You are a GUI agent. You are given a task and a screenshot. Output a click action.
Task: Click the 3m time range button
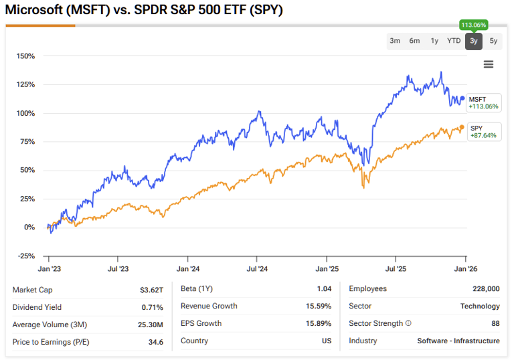(x=395, y=41)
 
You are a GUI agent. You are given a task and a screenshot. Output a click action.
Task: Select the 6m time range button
(x=414, y=41)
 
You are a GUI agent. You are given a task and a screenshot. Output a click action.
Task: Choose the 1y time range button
(x=434, y=41)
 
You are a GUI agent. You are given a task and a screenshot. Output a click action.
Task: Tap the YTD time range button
(x=454, y=41)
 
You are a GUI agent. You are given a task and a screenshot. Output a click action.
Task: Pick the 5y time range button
(x=493, y=41)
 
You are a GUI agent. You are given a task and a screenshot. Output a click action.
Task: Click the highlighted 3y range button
(x=474, y=41)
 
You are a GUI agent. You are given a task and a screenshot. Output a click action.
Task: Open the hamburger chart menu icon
(x=489, y=64)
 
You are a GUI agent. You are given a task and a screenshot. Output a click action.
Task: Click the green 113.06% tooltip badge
(x=474, y=25)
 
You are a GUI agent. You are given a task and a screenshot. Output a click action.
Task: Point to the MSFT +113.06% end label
(x=483, y=102)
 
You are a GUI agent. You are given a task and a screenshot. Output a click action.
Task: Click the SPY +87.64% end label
(x=483, y=131)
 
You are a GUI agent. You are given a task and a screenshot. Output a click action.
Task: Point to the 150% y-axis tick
(x=25, y=56)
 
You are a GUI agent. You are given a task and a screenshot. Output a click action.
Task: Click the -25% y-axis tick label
(x=25, y=256)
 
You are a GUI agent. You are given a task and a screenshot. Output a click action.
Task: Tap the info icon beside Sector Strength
(x=408, y=324)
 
